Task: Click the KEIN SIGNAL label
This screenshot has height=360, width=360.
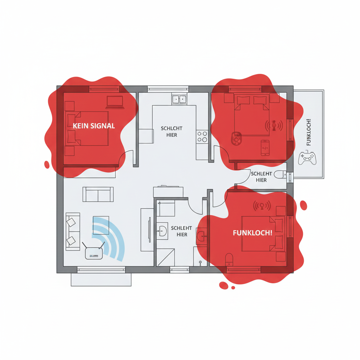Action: [94, 126]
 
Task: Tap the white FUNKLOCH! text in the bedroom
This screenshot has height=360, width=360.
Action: [252, 233]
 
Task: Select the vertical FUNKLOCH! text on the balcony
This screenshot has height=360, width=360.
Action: [309, 132]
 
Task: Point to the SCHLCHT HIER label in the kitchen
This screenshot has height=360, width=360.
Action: [172, 131]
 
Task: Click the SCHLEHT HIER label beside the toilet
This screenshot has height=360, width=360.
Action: [261, 177]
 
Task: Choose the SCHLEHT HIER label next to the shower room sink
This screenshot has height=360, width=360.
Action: [181, 231]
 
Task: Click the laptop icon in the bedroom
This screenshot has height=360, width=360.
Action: [115, 102]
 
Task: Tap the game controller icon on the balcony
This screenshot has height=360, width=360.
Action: [307, 158]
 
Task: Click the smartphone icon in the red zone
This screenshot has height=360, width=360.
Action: [265, 148]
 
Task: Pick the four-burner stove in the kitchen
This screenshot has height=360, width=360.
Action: [202, 136]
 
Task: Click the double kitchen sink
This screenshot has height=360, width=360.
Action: [179, 99]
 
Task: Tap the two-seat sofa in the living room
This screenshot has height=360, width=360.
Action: [98, 194]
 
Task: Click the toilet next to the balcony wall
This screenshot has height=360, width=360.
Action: [280, 174]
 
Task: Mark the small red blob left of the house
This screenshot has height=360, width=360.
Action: [47, 165]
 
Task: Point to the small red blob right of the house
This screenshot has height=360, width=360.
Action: [303, 205]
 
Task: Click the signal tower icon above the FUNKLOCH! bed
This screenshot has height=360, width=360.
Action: [262, 206]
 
